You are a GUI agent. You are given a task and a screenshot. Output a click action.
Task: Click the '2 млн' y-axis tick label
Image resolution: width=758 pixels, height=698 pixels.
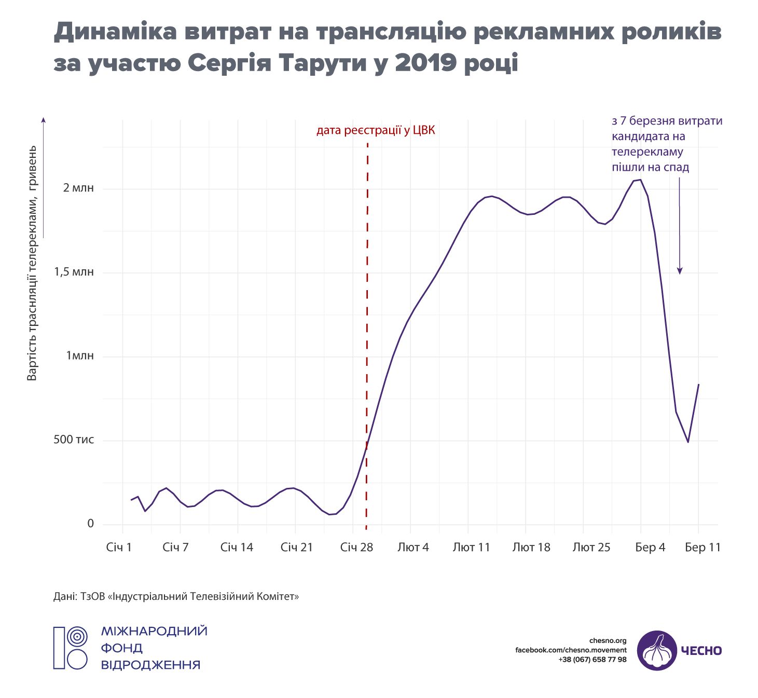click(x=78, y=188)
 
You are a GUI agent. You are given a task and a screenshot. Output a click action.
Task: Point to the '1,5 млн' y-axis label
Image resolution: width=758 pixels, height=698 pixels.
click(x=74, y=272)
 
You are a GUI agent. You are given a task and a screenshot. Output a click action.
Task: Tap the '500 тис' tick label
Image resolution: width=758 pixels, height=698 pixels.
click(x=74, y=440)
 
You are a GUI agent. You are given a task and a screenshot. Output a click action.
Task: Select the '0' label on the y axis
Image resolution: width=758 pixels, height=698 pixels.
click(x=90, y=524)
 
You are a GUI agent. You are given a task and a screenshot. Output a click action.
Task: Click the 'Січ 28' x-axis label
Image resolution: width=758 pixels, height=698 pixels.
click(x=356, y=548)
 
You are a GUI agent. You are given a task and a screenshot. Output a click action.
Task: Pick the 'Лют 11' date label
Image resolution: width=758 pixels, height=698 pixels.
click(x=471, y=548)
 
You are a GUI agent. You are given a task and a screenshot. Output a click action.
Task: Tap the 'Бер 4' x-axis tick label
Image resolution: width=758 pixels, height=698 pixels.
click(x=650, y=548)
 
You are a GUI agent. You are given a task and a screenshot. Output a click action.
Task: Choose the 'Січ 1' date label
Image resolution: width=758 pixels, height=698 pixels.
click(x=119, y=548)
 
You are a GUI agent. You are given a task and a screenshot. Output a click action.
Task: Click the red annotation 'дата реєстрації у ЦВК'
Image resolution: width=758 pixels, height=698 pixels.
click(x=376, y=130)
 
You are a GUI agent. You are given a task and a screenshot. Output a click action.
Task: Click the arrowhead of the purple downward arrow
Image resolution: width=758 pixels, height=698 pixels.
click(x=680, y=271)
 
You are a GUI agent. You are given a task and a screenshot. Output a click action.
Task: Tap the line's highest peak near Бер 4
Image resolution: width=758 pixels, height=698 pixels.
click(x=640, y=180)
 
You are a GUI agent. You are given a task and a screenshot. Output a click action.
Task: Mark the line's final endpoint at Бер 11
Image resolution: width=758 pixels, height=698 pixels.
click(x=699, y=385)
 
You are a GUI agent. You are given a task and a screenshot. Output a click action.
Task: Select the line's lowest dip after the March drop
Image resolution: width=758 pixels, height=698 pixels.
click(x=688, y=442)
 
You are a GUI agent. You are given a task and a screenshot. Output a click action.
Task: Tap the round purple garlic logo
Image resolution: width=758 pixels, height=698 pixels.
click(x=657, y=650)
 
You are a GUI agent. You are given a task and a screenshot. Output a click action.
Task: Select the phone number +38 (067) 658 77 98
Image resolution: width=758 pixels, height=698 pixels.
click(x=592, y=660)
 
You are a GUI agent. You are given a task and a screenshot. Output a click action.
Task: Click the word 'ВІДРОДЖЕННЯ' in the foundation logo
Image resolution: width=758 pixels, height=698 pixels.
click(x=150, y=665)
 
